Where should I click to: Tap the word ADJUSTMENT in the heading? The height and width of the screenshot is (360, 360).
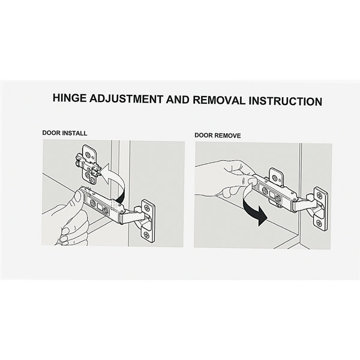126,99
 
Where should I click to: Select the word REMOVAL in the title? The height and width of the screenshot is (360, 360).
219,100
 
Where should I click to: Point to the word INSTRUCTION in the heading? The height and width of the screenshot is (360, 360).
286,101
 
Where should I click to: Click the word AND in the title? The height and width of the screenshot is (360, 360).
178,100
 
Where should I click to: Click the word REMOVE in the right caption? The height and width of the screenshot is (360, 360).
227,136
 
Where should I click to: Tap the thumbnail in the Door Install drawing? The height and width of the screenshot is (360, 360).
78,197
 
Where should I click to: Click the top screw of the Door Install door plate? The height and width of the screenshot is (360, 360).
146,208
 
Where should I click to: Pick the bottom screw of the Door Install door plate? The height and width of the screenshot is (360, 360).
146,235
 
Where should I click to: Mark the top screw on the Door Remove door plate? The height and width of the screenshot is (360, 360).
320,196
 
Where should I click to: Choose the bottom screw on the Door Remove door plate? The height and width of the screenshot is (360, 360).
319,222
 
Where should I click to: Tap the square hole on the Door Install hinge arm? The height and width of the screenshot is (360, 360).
100,208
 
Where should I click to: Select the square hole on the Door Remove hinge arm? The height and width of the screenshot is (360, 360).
273,194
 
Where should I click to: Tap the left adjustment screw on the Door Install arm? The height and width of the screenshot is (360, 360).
93,203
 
